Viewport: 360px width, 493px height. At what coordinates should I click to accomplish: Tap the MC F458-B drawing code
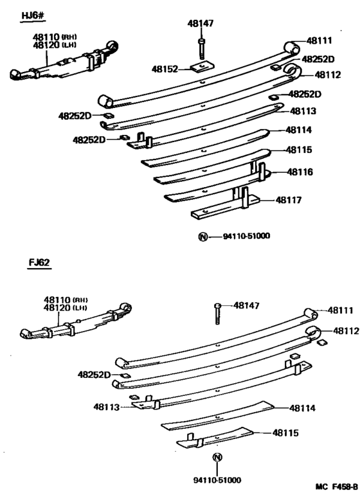pos(334,486)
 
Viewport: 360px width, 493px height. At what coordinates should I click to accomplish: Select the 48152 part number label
pos(165,69)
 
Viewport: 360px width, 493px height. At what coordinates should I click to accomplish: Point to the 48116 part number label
pos(300,172)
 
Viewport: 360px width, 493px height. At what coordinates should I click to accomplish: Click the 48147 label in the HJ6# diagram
pos(200,23)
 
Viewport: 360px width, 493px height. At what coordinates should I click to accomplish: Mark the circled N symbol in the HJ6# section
pos(204,237)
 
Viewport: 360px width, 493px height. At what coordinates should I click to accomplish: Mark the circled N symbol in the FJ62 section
pos(217,458)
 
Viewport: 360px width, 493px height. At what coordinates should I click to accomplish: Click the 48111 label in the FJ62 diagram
pos(341,310)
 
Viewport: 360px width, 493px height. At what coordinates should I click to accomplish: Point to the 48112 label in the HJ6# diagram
pos(328,75)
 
